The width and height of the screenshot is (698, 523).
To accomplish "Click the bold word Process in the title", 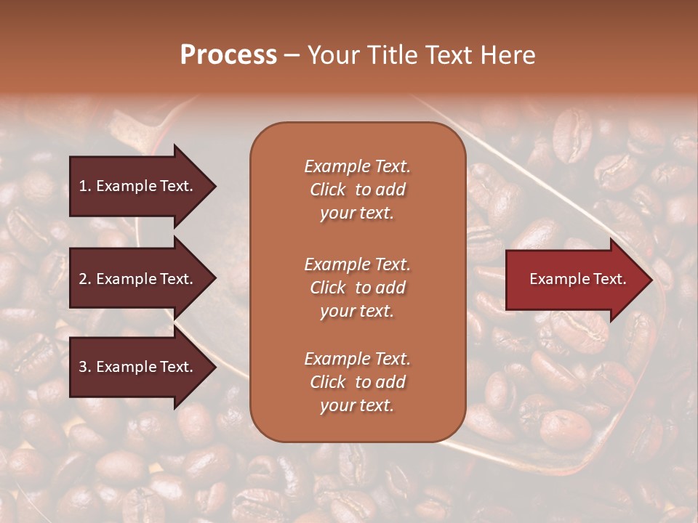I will pyautogui.click(x=228, y=55).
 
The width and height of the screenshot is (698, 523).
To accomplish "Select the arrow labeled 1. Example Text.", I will pyautogui.click(x=136, y=186).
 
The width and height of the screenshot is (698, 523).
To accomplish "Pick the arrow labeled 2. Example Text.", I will pyautogui.click(x=136, y=279).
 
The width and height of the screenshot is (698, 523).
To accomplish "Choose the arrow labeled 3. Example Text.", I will pyautogui.click(x=136, y=367).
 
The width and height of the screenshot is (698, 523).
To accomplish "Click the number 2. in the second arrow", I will pyautogui.click(x=85, y=279).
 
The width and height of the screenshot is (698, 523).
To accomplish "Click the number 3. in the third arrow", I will pyautogui.click(x=85, y=367).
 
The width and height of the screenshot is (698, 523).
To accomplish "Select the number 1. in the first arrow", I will pyautogui.click(x=85, y=186).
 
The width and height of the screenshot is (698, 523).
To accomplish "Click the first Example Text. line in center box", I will pyautogui.click(x=357, y=166).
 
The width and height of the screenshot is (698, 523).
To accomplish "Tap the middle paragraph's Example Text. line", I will pyautogui.click(x=357, y=264).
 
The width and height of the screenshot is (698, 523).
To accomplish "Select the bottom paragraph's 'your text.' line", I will pyautogui.click(x=357, y=406).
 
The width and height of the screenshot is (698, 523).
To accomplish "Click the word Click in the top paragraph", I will pyautogui.click(x=327, y=190).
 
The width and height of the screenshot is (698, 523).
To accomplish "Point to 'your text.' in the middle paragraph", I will pyautogui.click(x=357, y=312).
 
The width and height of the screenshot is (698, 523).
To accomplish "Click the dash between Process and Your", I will pyautogui.click(x=292, y=56).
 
